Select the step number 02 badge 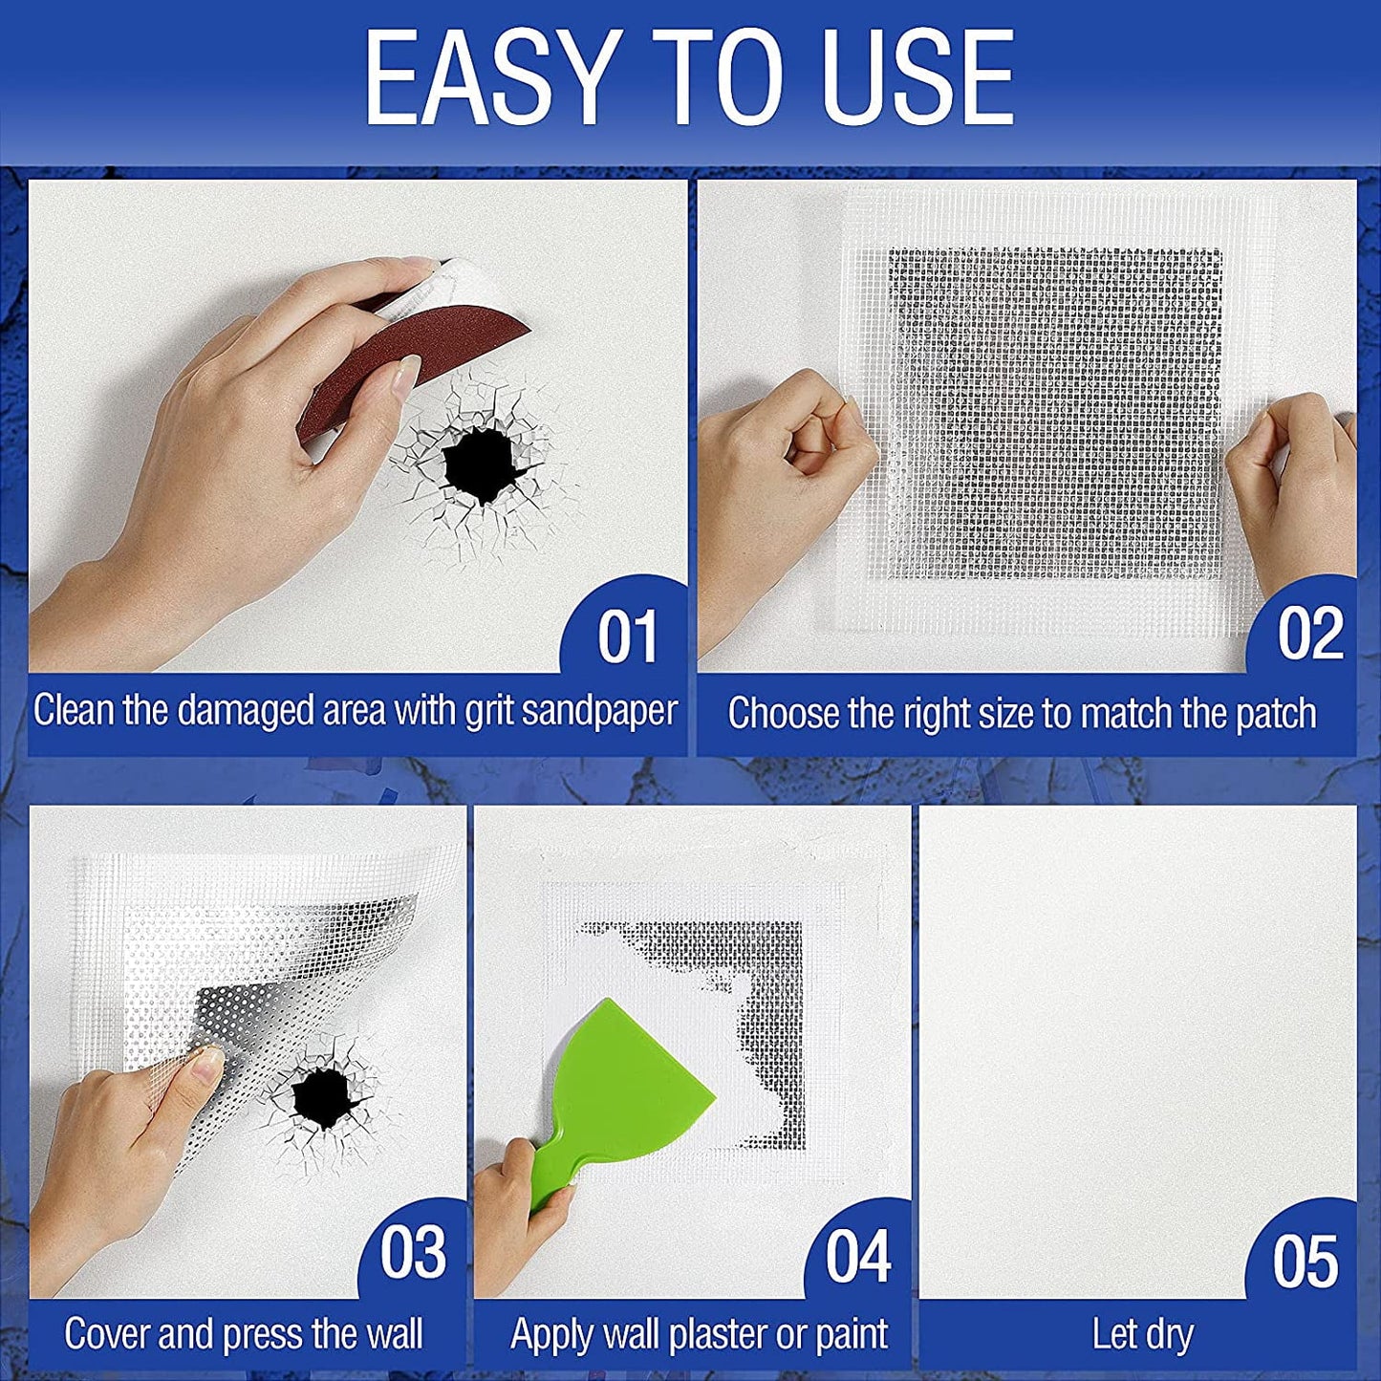1310,634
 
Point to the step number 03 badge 413,1253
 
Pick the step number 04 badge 857,1257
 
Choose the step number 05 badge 1305,1262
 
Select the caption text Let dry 1142,1335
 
